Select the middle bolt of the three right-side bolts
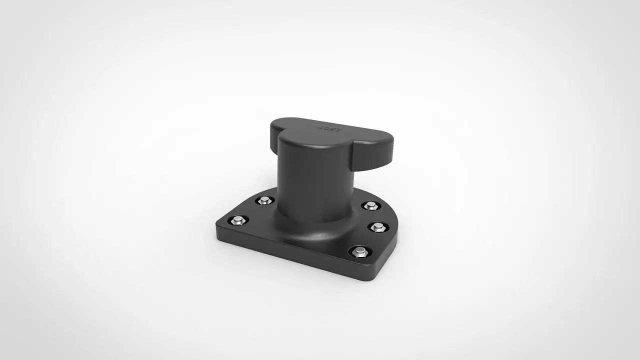point(378,227)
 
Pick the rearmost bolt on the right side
point(370,205)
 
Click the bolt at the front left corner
point(237,220)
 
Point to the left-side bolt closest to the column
point(264,200)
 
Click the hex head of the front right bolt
point(360,251)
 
